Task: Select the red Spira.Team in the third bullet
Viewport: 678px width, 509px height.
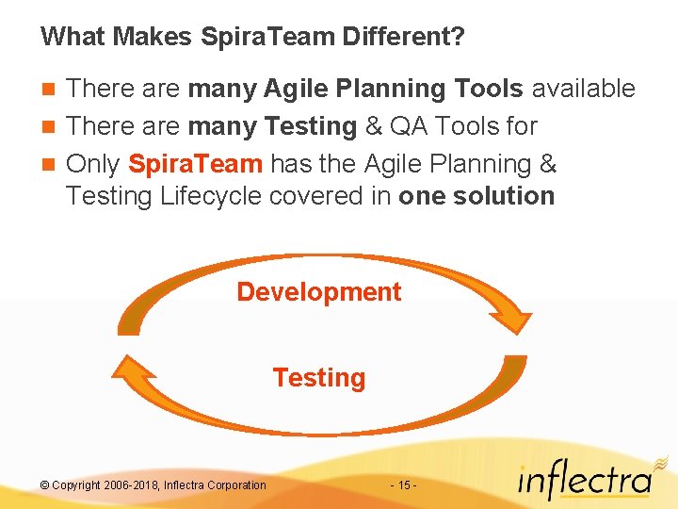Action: pos(195,164)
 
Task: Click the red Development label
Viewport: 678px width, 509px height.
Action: pos(318,292)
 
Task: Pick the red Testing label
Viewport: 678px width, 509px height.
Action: pos(318,378)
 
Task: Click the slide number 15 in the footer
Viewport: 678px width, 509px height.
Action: pos(402,485)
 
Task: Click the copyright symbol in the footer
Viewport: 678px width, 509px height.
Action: pos(44,485)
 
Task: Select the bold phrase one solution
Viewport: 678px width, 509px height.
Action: pos(476,196)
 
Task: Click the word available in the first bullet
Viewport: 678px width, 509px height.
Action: pos(583,89)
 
